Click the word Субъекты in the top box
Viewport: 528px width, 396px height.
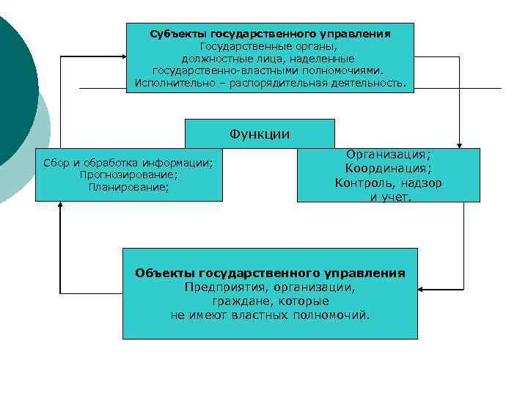pos(178,34)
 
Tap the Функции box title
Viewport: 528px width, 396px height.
pos(260,133)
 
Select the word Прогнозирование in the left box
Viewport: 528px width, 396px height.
pos(129,175)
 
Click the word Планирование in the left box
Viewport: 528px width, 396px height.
pos(129,187)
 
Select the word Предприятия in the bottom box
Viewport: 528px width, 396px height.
pos(221,287)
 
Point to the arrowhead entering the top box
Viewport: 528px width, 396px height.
pos(122,56)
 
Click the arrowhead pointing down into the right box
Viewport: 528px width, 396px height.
pos(460,144)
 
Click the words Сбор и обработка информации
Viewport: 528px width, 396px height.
pos(129,163)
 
